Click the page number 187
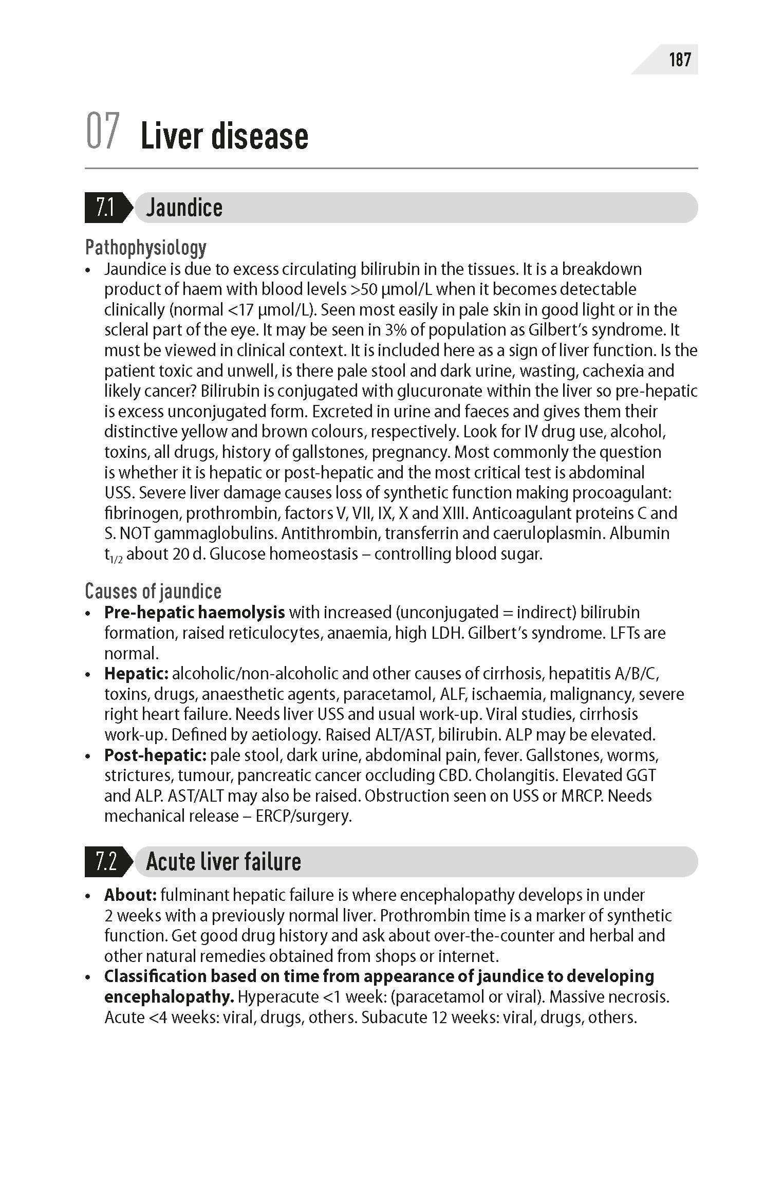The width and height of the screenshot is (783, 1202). coord(679,60)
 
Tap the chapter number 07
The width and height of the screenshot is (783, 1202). coord(103,132)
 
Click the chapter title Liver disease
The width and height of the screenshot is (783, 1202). coord(225,136)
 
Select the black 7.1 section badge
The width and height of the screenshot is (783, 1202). coord(106,208)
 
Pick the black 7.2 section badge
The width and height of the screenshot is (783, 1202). coord(106,861)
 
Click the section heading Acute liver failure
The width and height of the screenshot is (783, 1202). coord(223,861)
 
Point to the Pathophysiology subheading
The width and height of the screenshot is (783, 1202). coord(146,248)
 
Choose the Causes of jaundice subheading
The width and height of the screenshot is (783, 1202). coord(153,591)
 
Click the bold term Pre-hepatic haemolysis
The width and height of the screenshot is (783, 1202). coord(194,613)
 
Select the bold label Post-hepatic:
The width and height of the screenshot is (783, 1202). coord(155,755)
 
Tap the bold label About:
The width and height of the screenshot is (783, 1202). coord(130,895)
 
